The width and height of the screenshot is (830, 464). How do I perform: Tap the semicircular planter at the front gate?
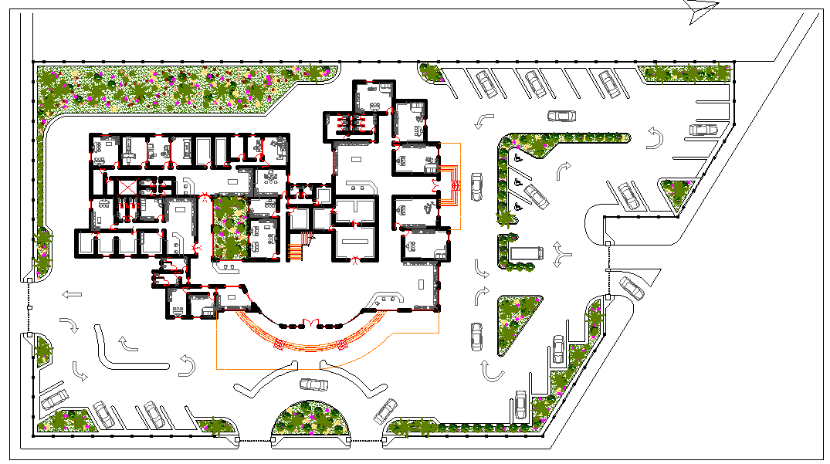[x=311, y=419]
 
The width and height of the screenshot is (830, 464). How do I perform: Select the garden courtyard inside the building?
[x=229, y=228]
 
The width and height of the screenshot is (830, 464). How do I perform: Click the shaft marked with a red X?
[x=122, y=187]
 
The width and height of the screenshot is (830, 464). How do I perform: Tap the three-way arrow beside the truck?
[x=561, y=254]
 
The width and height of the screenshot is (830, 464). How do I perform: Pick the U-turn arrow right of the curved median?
[x=187, y=365]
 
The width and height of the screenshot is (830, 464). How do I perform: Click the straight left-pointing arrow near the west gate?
[x=74, y=293]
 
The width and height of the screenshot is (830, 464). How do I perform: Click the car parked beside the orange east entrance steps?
[x=476, y=186]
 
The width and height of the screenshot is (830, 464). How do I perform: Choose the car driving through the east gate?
[x=632, y=288]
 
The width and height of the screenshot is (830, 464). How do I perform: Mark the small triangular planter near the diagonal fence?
[x=678, y=193]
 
